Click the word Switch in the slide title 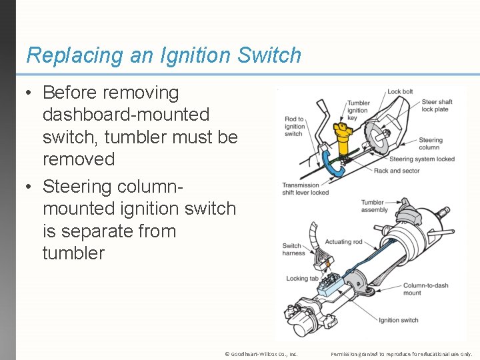[269, 55]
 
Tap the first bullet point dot [29, 93]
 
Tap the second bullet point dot [29, 187]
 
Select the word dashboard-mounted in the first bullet [126, 115]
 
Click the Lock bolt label [400, 91]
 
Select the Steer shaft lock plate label [437, 105]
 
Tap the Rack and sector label [397, 171]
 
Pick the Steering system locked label [422, 159]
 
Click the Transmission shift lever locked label [305, 189]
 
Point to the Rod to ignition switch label [295, 127]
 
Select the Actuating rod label [343, 242]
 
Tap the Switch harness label [293, 249]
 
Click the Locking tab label [302, 279]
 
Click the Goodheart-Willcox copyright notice [261, 354]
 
